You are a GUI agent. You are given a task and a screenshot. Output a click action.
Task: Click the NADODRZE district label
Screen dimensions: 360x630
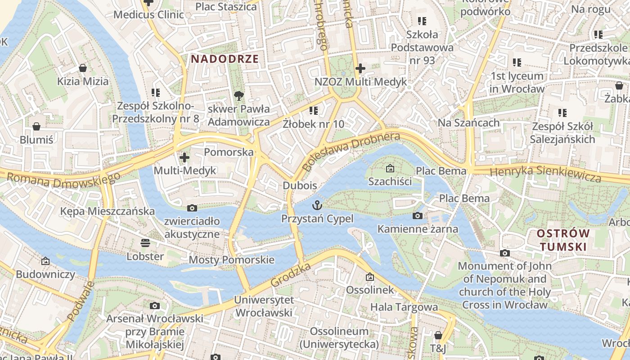coord(225,59)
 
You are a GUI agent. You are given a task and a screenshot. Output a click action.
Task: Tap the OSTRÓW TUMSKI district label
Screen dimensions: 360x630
coord(563,240)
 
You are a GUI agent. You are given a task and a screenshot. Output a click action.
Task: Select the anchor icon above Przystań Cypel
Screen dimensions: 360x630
coord(318,206)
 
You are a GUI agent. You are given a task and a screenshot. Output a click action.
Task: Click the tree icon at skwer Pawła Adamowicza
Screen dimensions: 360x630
coord(238,95)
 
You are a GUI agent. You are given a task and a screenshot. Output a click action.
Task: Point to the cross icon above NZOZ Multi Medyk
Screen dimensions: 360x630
coord(360,68)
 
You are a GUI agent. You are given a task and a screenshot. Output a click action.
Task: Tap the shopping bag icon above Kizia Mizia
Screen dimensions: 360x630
coord(83,68)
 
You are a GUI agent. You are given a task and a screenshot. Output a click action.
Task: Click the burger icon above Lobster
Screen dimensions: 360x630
coord(145,243)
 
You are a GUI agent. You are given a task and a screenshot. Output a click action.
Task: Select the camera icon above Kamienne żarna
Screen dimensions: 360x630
coord(418,216)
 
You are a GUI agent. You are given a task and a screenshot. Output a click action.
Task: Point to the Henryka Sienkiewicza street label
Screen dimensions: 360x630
coord(545,173)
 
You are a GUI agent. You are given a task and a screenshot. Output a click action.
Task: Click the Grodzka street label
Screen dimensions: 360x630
coord(291,275)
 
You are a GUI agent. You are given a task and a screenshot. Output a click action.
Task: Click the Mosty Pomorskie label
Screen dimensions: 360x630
coord(231,260)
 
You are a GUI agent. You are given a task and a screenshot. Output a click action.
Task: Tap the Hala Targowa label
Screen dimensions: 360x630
coord(404,307)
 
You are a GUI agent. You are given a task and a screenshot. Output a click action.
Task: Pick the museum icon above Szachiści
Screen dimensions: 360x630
coord(390,168)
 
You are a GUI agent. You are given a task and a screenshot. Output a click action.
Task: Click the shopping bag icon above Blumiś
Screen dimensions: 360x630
coord(36,126)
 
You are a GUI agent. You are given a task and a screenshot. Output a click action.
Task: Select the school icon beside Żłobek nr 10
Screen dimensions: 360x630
coord(314,110)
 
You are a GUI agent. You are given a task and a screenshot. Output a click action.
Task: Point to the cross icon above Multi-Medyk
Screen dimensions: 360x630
coord(184,157)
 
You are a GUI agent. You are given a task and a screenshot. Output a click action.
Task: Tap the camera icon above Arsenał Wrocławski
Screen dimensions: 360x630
coord(155,306)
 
